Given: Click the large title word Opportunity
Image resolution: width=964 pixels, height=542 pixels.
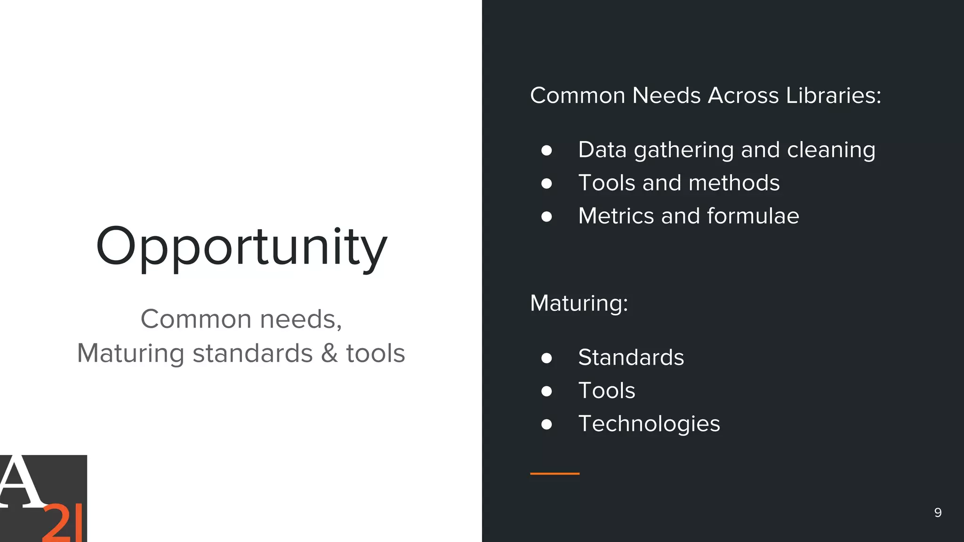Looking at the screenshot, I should [x=241, y=247].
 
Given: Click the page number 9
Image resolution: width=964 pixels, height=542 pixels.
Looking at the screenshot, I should [x=938, y=512].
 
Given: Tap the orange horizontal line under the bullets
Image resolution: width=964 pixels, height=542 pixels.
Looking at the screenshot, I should [x=554, y=473].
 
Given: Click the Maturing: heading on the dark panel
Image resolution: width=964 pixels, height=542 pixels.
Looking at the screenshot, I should [x=579, y=303].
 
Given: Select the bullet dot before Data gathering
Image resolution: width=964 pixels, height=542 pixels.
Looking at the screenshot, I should [x=546, y=150].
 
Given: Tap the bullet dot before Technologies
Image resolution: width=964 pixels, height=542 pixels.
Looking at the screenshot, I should [x=546, y=424].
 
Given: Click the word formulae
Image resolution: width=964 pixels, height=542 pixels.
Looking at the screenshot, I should [x=753, y=216].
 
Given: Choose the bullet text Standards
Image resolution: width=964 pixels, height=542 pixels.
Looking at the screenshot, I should [x=631, y=358].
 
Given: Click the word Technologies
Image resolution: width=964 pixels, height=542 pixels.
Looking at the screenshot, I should [x=649, y=424].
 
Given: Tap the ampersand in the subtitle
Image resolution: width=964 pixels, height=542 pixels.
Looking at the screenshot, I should [x=329, y=353].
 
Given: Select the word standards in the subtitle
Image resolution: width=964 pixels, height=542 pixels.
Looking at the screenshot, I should [x=253, y=353].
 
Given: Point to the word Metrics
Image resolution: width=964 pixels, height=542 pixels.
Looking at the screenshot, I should [x=616, y=216].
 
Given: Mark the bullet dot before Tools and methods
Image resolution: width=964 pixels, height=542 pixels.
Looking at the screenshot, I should [x=546, y=183].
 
